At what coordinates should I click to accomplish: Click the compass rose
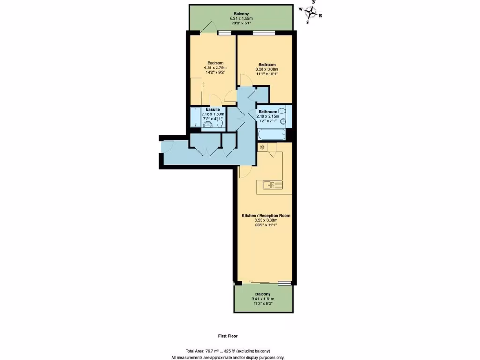[311, 12]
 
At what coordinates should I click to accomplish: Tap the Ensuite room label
[212, 109]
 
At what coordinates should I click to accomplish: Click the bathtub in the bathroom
[271, 135]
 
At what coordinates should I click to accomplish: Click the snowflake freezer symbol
[262, 147]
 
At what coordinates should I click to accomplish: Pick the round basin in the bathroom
[283, 121]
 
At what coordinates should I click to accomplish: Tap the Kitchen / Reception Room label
[266, 216]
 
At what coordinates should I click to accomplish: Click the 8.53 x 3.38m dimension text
[266, 220]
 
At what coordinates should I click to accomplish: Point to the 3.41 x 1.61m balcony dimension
[262, 299]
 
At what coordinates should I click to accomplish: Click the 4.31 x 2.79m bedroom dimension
[215, 67]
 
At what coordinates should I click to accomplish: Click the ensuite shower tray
[194, 117]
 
